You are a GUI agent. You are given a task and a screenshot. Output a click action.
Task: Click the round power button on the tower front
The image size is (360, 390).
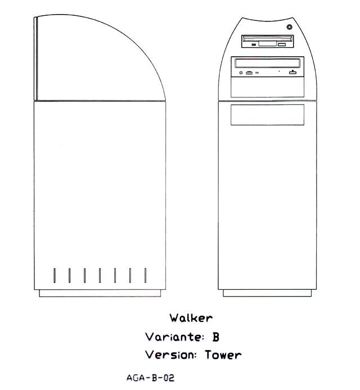point(289,27)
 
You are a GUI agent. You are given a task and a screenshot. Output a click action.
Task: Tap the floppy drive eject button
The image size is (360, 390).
point(282,44)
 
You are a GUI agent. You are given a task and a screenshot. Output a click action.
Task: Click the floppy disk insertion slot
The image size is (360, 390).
point(268,38)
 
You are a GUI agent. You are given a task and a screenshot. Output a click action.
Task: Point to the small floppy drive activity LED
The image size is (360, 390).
point(253,45)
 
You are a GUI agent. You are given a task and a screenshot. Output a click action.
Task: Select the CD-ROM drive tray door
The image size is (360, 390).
point(268,63)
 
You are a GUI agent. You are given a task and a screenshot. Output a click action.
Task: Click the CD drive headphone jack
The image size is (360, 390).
point(241,73)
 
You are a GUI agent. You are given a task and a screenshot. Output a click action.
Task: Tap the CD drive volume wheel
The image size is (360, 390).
point(249,73)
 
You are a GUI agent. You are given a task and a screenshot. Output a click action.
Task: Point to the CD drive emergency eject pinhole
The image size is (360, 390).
point(279,71)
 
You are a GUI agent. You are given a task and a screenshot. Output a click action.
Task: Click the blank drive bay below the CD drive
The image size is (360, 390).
point(268,87)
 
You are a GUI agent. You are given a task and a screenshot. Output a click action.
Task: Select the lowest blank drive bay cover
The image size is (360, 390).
point(268,115)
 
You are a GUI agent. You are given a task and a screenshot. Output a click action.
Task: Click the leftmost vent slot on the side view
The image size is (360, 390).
point(55,275)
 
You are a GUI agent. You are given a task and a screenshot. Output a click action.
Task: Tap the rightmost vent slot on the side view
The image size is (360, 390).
point(146,275)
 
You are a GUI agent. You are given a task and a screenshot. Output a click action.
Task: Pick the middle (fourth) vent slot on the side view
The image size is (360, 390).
point(100,275)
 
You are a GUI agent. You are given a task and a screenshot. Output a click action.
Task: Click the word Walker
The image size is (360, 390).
point(191,318)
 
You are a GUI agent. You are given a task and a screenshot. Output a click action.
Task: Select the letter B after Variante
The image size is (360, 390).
point(215,337)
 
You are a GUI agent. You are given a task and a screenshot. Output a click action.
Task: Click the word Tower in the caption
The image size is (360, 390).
point(223,355)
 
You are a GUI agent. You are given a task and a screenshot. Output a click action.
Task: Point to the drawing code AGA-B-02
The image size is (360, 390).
point(150,378)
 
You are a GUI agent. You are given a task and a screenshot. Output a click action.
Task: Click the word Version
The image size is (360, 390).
point(170,355)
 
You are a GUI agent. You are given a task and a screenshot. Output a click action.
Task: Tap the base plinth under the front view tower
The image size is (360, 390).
point(267,293)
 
